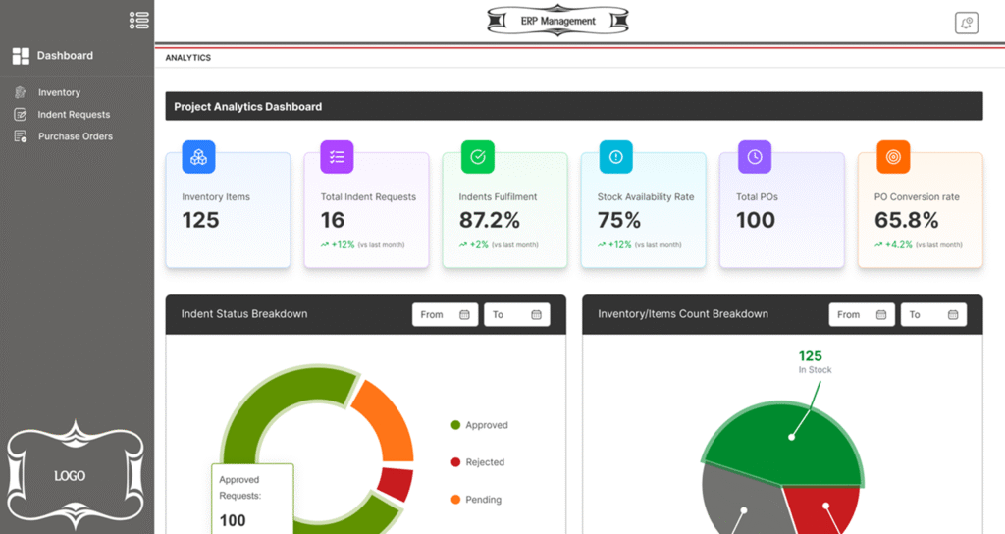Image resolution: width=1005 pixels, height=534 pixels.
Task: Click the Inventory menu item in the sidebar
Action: [x=59, y=92]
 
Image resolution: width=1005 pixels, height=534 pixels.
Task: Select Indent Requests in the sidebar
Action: [x=74, y=115]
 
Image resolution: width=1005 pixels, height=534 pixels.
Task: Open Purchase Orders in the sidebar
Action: [x=75, y=136]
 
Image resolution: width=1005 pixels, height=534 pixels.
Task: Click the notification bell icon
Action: [x=967, y=24]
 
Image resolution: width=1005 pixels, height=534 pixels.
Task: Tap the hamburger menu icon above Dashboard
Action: [x=139, y=20]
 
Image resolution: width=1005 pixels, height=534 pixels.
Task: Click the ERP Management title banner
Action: [x=557, y=21]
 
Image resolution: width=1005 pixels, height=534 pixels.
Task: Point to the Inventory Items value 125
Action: [x=201, y=220]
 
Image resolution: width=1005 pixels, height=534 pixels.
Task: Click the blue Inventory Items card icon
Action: [x=198, y=157]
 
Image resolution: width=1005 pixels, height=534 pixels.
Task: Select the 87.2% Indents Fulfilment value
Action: [x=490, y=220]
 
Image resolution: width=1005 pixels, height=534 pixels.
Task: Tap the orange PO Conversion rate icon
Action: [x=893, y=157]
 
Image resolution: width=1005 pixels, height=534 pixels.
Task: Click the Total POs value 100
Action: [x=756, y=220]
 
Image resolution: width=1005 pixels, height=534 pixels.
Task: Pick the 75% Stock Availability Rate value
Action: [x=619, y=220]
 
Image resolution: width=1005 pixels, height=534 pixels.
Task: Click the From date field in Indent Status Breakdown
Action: [x=446, y=315]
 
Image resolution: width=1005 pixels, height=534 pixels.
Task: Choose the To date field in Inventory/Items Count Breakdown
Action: [x=933, y=315]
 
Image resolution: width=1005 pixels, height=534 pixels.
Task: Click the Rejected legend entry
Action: [x=485, y=462]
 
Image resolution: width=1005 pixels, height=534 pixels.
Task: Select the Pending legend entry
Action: [x=483, y=500]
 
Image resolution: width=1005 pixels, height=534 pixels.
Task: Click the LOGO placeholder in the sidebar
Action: [x=70, y=476]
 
